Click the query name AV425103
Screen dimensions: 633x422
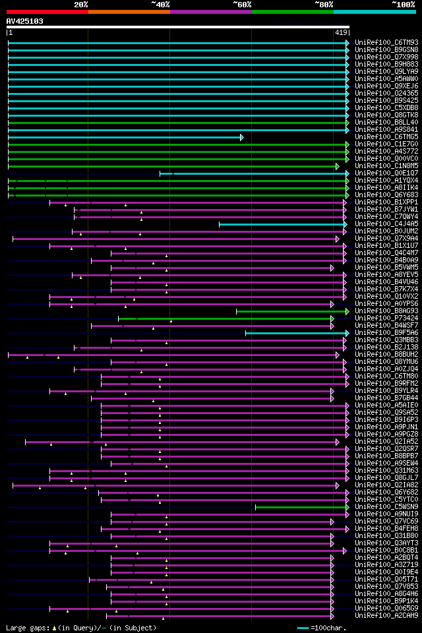coord(25,21)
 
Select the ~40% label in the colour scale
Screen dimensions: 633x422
coord(160,5)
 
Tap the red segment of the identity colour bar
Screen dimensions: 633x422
coord(47,12)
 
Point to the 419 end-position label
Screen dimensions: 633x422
coord(342,32)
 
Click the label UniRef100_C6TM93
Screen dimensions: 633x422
coord(377,43)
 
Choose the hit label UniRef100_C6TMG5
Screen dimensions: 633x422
coord(377,137)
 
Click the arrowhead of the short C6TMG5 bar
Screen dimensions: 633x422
coord(241,137)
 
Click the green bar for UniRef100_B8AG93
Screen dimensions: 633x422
coord(290,311)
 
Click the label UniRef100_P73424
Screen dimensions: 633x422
coord(377,318)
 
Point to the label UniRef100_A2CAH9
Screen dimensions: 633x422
coord(377,616)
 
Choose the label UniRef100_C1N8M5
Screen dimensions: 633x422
coord(377,166)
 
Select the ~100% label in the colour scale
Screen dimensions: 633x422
coord(404,5)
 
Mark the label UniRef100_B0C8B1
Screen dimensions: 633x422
coord(377,551)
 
